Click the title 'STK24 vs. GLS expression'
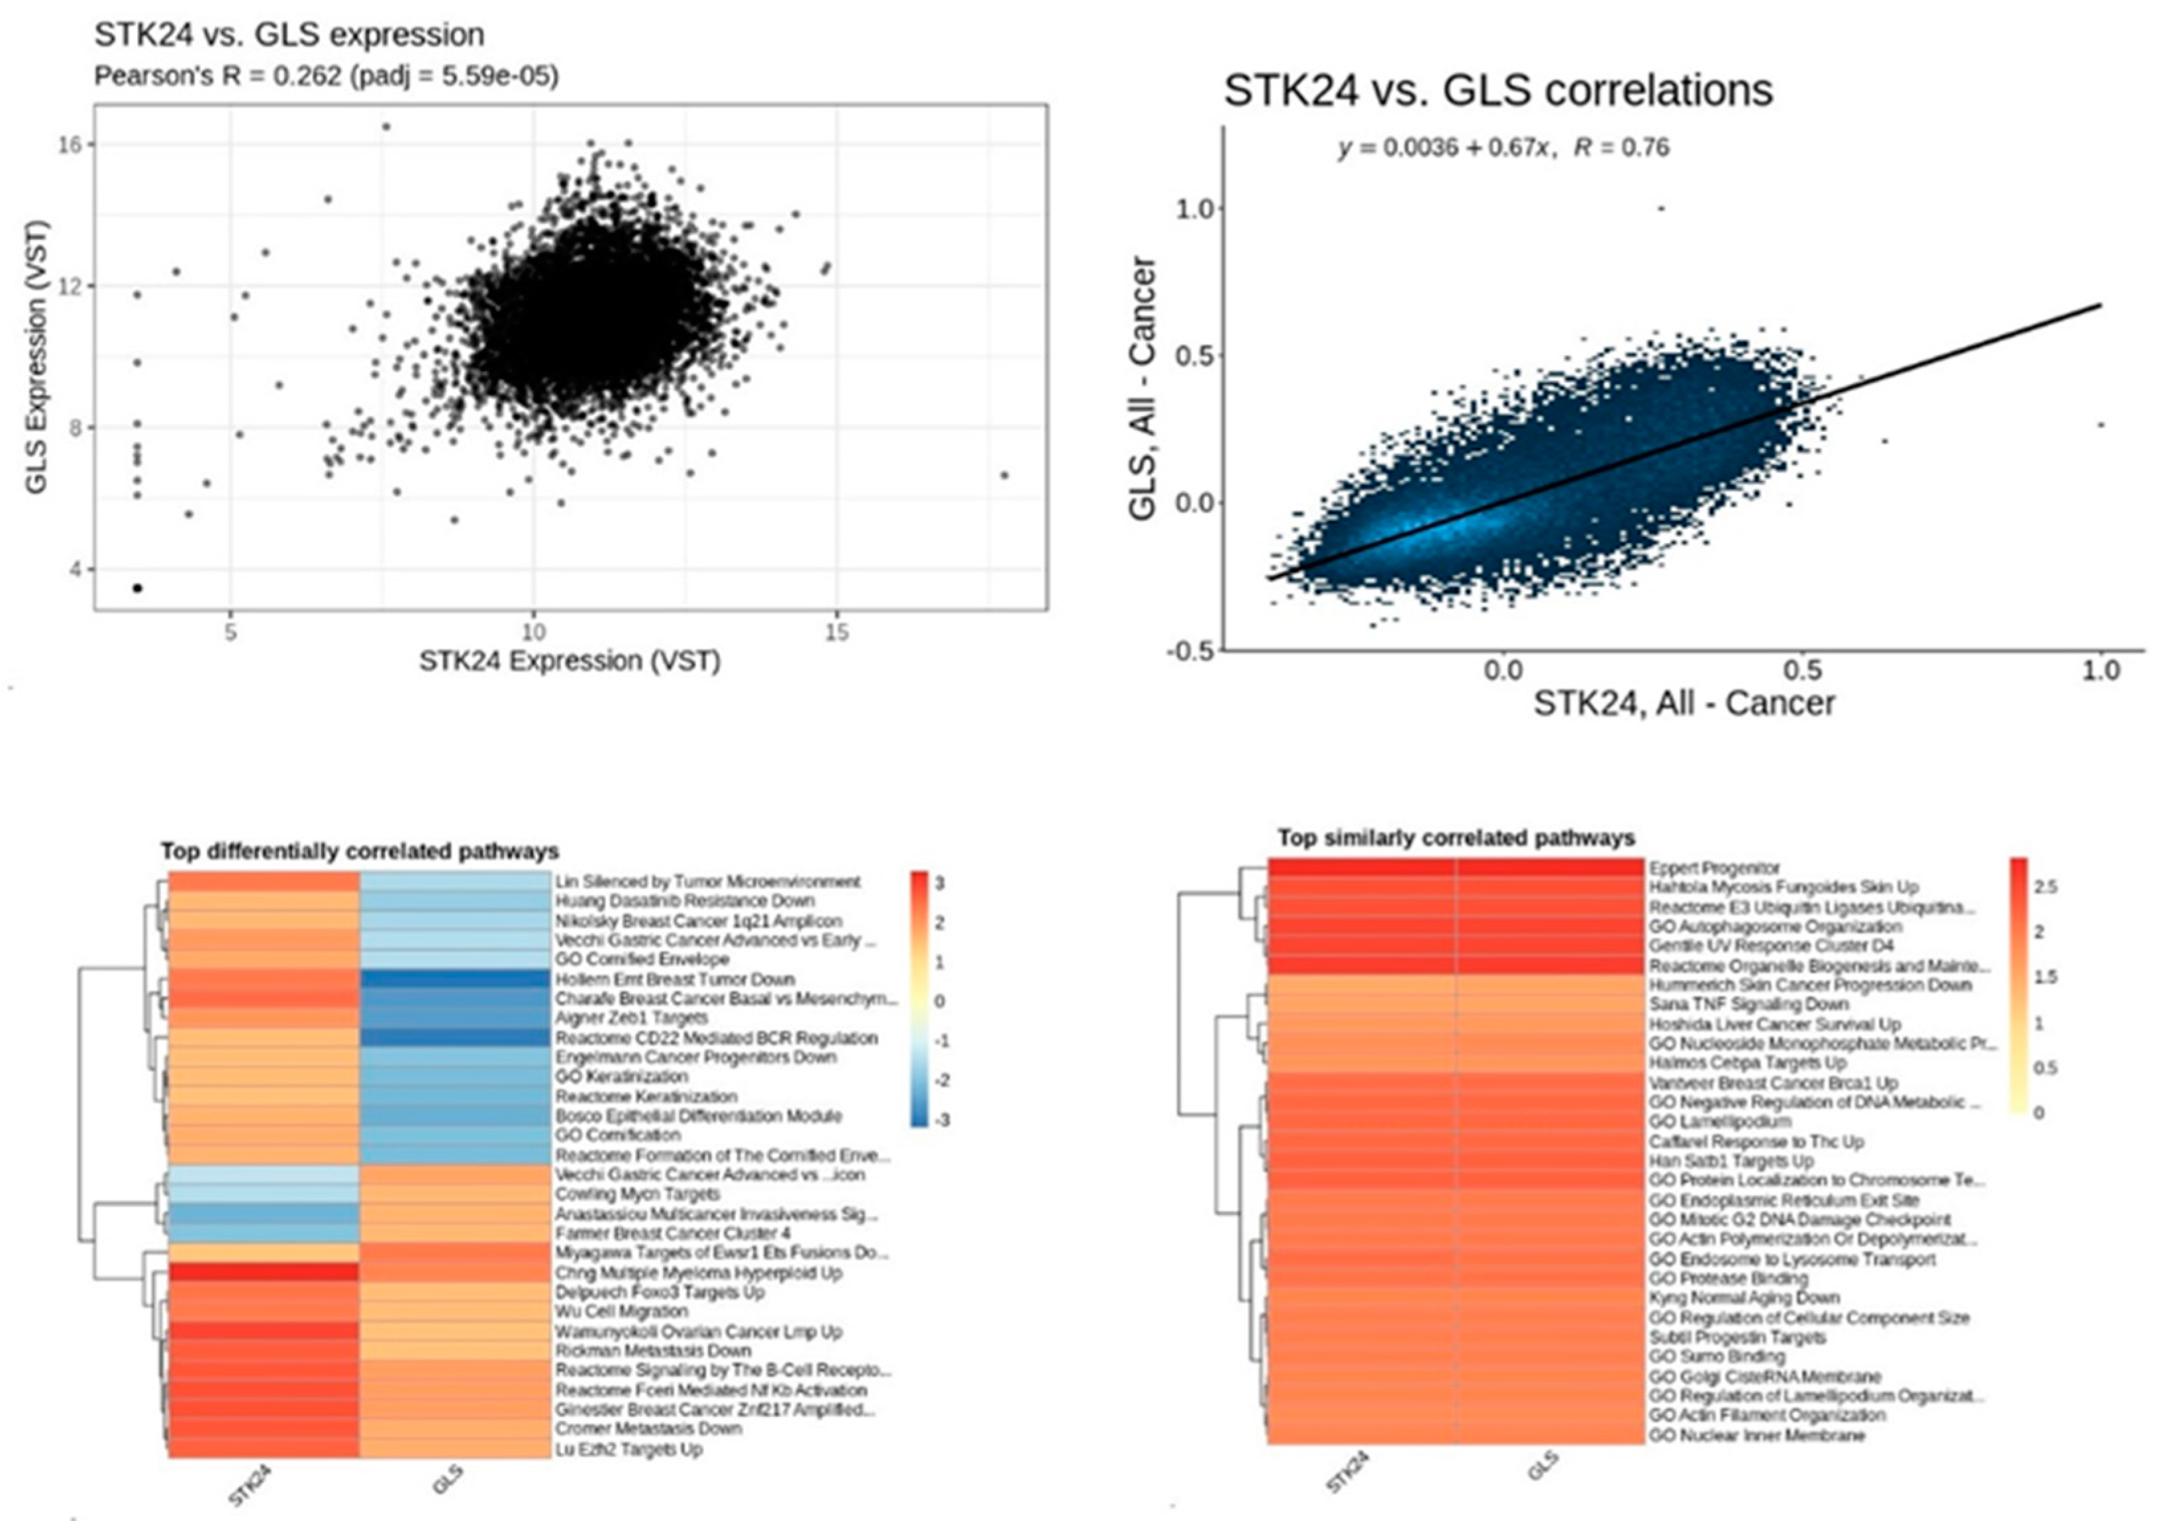[x=289, y=35]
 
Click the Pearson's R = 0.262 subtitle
[x=327, y=76]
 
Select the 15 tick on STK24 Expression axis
[x=835, y=632]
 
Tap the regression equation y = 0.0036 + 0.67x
[x=1442, y=148]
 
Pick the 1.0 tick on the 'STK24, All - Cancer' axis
[x=2100, y=670]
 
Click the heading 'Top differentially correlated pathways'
[x=359, y=851]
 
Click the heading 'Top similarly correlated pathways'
[x=1455, y=837]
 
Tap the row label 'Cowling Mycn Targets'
[x=637, y=1194]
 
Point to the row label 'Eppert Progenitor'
[x=1713, y=868]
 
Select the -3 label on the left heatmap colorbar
[x=941, y=1120]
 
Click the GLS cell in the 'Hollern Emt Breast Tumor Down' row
[x=454, y=980]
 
